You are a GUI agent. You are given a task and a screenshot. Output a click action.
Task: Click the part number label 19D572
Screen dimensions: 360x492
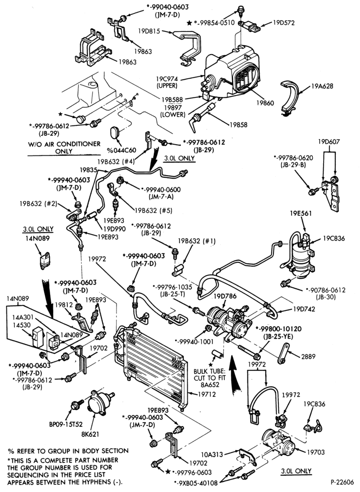coord(283,23)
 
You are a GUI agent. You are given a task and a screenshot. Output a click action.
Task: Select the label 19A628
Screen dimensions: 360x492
coord(322,86)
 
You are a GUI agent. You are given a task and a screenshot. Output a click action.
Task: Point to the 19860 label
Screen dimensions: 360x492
coord(265,103)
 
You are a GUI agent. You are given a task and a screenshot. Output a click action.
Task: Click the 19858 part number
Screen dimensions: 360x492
coord(239,124)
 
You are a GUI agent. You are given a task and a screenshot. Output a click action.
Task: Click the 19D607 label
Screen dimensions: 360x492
coord(329,142)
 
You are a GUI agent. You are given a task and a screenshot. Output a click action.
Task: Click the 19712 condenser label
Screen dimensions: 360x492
coord(207,394)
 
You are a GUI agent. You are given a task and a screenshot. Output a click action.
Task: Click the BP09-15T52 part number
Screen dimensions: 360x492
coord(65,424)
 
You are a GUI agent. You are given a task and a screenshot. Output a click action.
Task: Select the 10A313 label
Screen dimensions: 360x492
coord(212,454)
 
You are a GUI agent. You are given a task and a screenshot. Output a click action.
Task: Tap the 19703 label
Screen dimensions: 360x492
coord(315,452)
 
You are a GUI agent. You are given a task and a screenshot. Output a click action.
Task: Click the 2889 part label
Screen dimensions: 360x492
coord(308,356)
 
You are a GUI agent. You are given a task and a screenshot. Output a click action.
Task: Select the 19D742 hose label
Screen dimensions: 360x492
coord(305,309)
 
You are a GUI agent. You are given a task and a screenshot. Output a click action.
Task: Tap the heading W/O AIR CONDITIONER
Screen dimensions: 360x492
coord(64,144)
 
